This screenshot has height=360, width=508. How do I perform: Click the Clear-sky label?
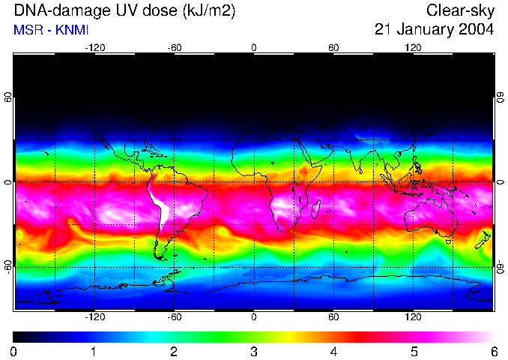(460, 10)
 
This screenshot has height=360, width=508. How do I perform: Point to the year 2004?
(477, 30)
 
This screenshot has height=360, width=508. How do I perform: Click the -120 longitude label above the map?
(94, 47)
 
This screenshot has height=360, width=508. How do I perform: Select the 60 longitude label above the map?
(333, 47)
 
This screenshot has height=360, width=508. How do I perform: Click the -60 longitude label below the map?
(174, 317)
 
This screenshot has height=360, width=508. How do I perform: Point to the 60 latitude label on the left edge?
(9, 99)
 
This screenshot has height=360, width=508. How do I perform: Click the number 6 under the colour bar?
(493, 351)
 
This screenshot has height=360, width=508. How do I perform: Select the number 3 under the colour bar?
(253, 351)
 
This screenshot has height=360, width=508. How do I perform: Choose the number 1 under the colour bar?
(93, 351)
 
